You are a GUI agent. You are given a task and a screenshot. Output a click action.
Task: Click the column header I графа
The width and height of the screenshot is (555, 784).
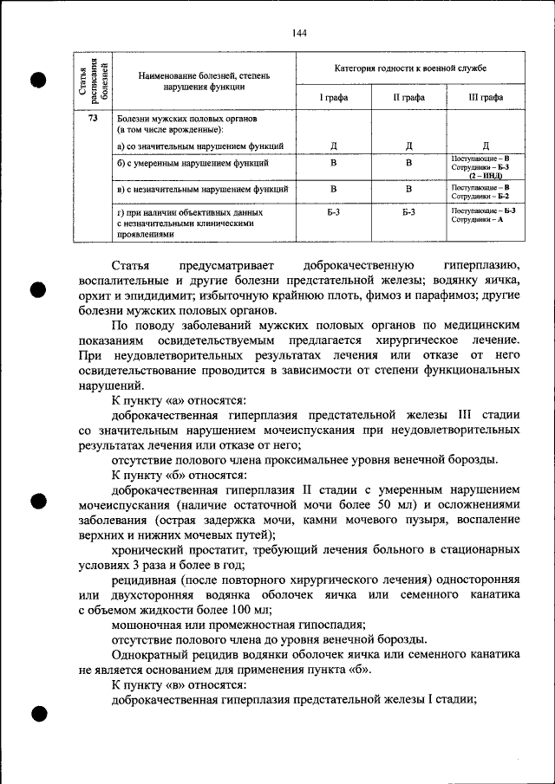(x=333, y=98)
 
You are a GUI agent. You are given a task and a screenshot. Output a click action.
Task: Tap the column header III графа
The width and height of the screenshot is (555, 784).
(x=485, y=98)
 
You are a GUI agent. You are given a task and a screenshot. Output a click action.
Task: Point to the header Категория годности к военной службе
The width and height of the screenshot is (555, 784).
(x=410, y=68)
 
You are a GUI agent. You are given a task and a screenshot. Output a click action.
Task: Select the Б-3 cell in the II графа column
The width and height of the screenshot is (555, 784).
(x=408, y=211)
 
